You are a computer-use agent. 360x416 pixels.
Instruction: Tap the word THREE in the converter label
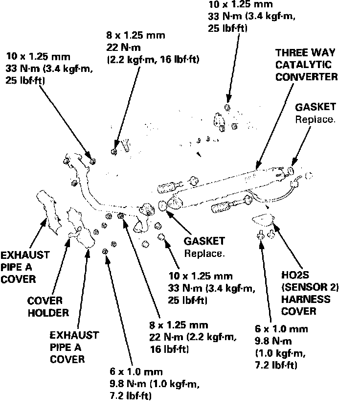[291, 52]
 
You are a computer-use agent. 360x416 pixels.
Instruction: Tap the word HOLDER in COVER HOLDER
[47, 313]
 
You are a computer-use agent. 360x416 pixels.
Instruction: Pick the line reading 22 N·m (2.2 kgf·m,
[193, 337]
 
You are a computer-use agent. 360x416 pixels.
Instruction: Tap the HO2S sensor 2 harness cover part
[264, 218]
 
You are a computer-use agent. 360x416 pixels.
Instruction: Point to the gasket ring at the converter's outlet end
[290, 171]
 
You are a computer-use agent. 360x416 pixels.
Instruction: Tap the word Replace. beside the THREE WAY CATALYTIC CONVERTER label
[315, 119]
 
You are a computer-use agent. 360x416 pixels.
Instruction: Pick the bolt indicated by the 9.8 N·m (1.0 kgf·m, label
[105, 251]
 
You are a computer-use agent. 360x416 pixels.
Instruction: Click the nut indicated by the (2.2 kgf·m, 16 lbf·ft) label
[114, 150]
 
